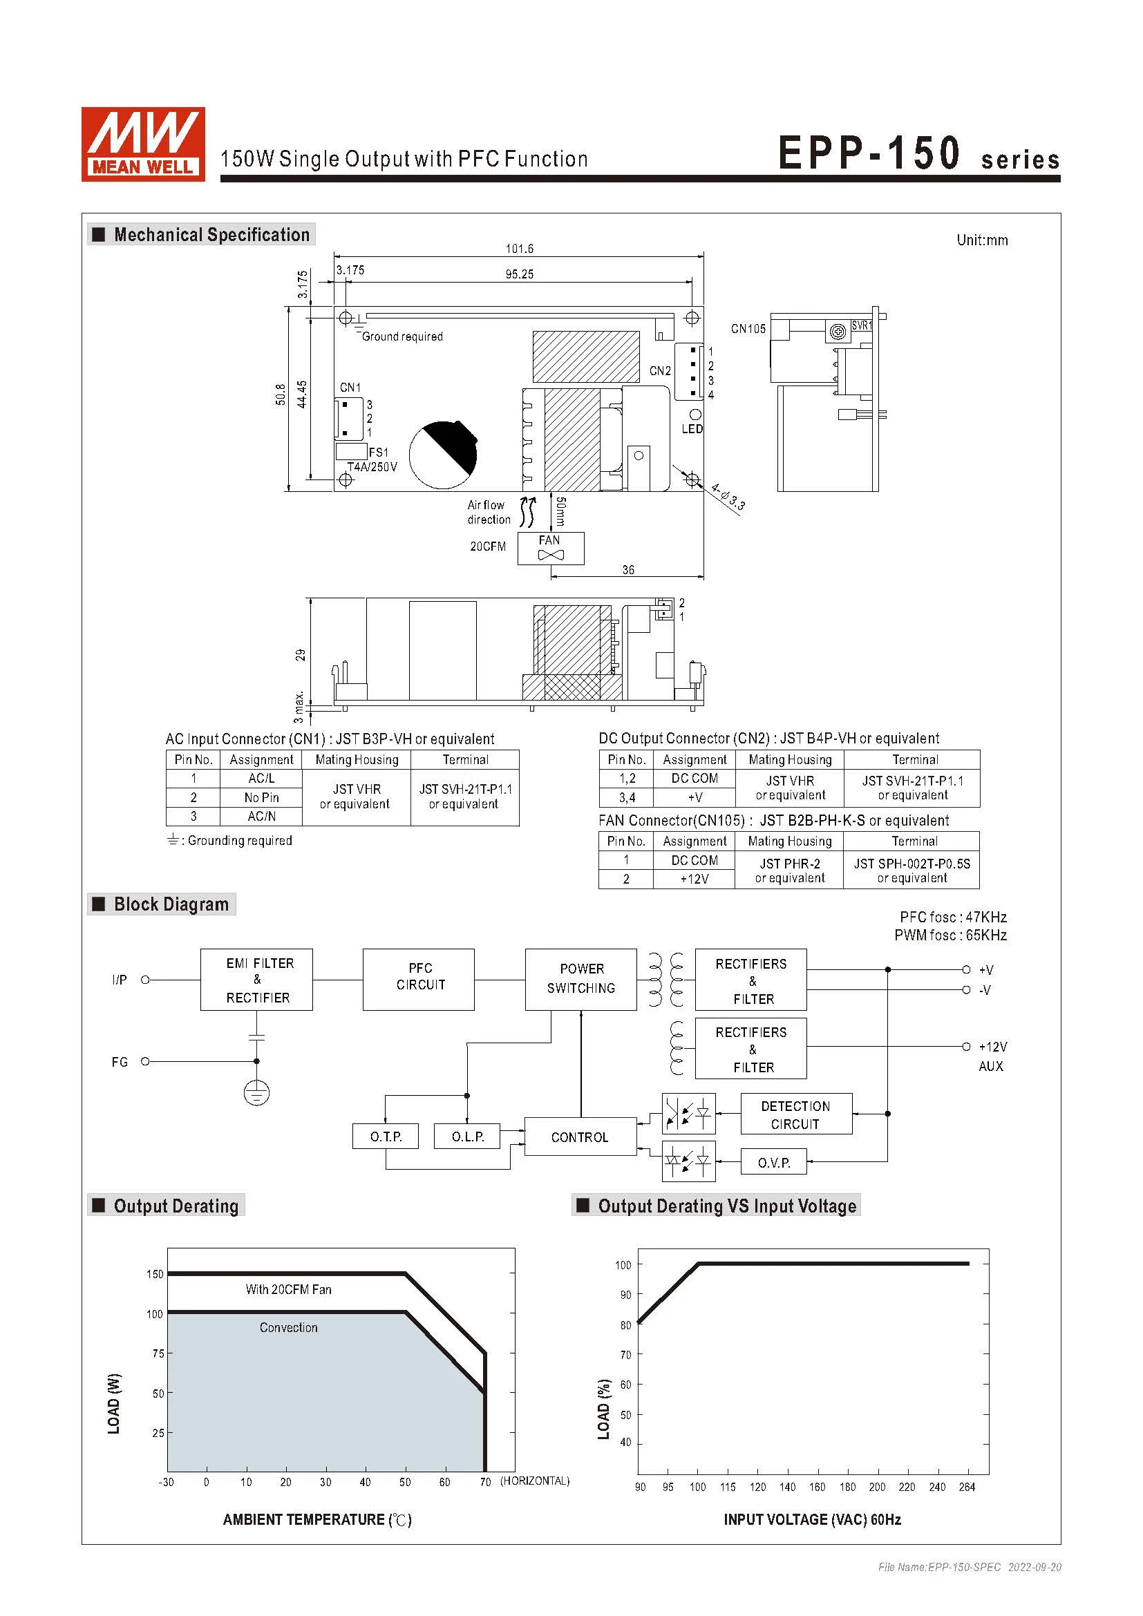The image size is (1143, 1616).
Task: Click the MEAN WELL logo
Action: click(143, 144)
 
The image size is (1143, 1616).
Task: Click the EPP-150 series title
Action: click(918, 153)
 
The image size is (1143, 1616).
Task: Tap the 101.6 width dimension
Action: click(520, 249)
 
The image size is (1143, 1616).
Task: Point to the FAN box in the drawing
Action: click(550, 548)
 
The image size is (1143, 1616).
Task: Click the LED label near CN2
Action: click(692, 428)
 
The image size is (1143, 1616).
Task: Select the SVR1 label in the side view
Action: click(861, 326)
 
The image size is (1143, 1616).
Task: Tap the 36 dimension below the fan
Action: click(627, 570)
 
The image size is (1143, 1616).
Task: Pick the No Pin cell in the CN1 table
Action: click(261, 797)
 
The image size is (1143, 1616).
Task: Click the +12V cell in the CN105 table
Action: click(694, 878)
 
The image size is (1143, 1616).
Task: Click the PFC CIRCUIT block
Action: click(420, 979)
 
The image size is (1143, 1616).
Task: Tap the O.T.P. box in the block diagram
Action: click(386, 1136)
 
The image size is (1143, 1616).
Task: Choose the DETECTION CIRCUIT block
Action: click(795, 1114)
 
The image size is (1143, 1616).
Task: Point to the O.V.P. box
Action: click(773, 1163)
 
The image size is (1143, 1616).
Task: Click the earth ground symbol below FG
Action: click(256, 1093)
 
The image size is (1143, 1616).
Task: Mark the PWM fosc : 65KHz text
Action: click(950, 935)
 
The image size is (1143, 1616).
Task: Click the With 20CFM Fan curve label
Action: click(288, 1289)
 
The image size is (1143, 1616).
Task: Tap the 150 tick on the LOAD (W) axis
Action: click(154, 1274)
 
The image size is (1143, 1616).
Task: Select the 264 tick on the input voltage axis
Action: click(966, 1487)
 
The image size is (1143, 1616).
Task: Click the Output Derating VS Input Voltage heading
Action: click(726, 1206)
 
